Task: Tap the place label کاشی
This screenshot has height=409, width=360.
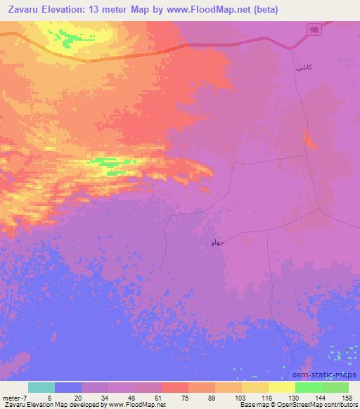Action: click(303, 68)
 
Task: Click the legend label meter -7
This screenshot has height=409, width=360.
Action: click(15, 397)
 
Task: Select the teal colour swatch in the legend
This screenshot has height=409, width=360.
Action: click(41, 387)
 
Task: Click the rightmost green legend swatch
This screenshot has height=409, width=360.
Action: click(335, 387)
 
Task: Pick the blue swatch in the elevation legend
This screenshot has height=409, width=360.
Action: click(67, 387)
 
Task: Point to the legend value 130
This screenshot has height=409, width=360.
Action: click(282, 397)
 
